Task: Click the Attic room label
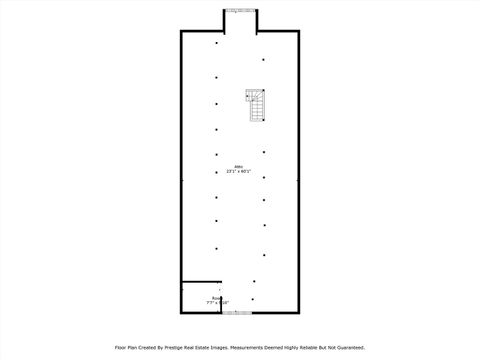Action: pyautogui.click(x=238, y=166)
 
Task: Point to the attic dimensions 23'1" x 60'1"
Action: pyautogui.click(x=238, y=172)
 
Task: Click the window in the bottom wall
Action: pyautogui.click(x=237, y=313)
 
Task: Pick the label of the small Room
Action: pyautogui.click(x=214, y=298)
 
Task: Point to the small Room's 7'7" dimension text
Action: pyautogui.click(x=212, y=303)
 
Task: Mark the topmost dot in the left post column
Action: pyautogui.click(x=216, y=43)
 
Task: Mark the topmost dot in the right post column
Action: pyautogui.click(x=263, y=60)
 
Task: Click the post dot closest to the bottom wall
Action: pyautogui.click(x=252, y=298)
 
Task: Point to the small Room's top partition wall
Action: pyautogui.click(x=200, y=282)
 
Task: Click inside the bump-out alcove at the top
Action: pyautogui.click(x=239, y=22)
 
